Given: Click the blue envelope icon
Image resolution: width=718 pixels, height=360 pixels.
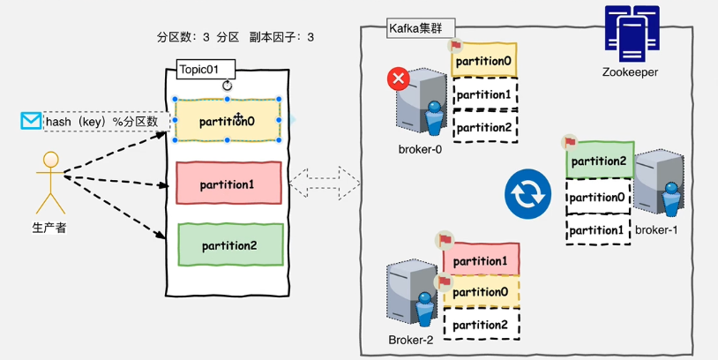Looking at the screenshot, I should [31, 121].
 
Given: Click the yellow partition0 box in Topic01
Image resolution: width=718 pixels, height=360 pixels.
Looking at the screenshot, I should [228, 120].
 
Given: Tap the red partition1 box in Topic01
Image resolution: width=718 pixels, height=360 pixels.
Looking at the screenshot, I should [228, 184].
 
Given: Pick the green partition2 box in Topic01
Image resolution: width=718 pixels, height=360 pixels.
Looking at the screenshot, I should [230, 244].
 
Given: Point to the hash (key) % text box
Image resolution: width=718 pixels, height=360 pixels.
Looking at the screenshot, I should [102, 121].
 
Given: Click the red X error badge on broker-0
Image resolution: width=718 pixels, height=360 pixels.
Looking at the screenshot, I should [399, 79].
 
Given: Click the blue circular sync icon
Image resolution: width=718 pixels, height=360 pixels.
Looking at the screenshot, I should [527, 195].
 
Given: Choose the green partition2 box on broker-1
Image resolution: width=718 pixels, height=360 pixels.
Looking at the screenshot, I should [598, 161].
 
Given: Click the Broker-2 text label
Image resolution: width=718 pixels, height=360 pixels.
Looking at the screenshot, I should [411, 340].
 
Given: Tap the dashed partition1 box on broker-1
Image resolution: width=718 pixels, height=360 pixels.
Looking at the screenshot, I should [597, 229].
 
